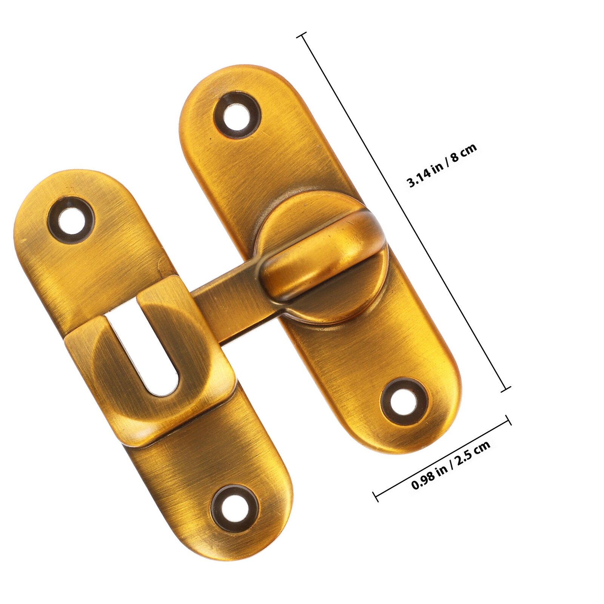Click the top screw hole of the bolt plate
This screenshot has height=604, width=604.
(x=237, y=115)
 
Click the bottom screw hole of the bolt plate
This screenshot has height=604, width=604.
(x=404, y=402)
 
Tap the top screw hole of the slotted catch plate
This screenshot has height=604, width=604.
(x=71, y=219)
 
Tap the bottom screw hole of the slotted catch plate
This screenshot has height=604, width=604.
(x=234, y=508)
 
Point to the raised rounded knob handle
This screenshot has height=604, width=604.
(x=321, y=257)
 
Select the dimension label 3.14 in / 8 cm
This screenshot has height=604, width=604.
(x=442, y=165)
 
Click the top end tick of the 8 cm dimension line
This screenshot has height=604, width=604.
(x=302, y=35)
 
